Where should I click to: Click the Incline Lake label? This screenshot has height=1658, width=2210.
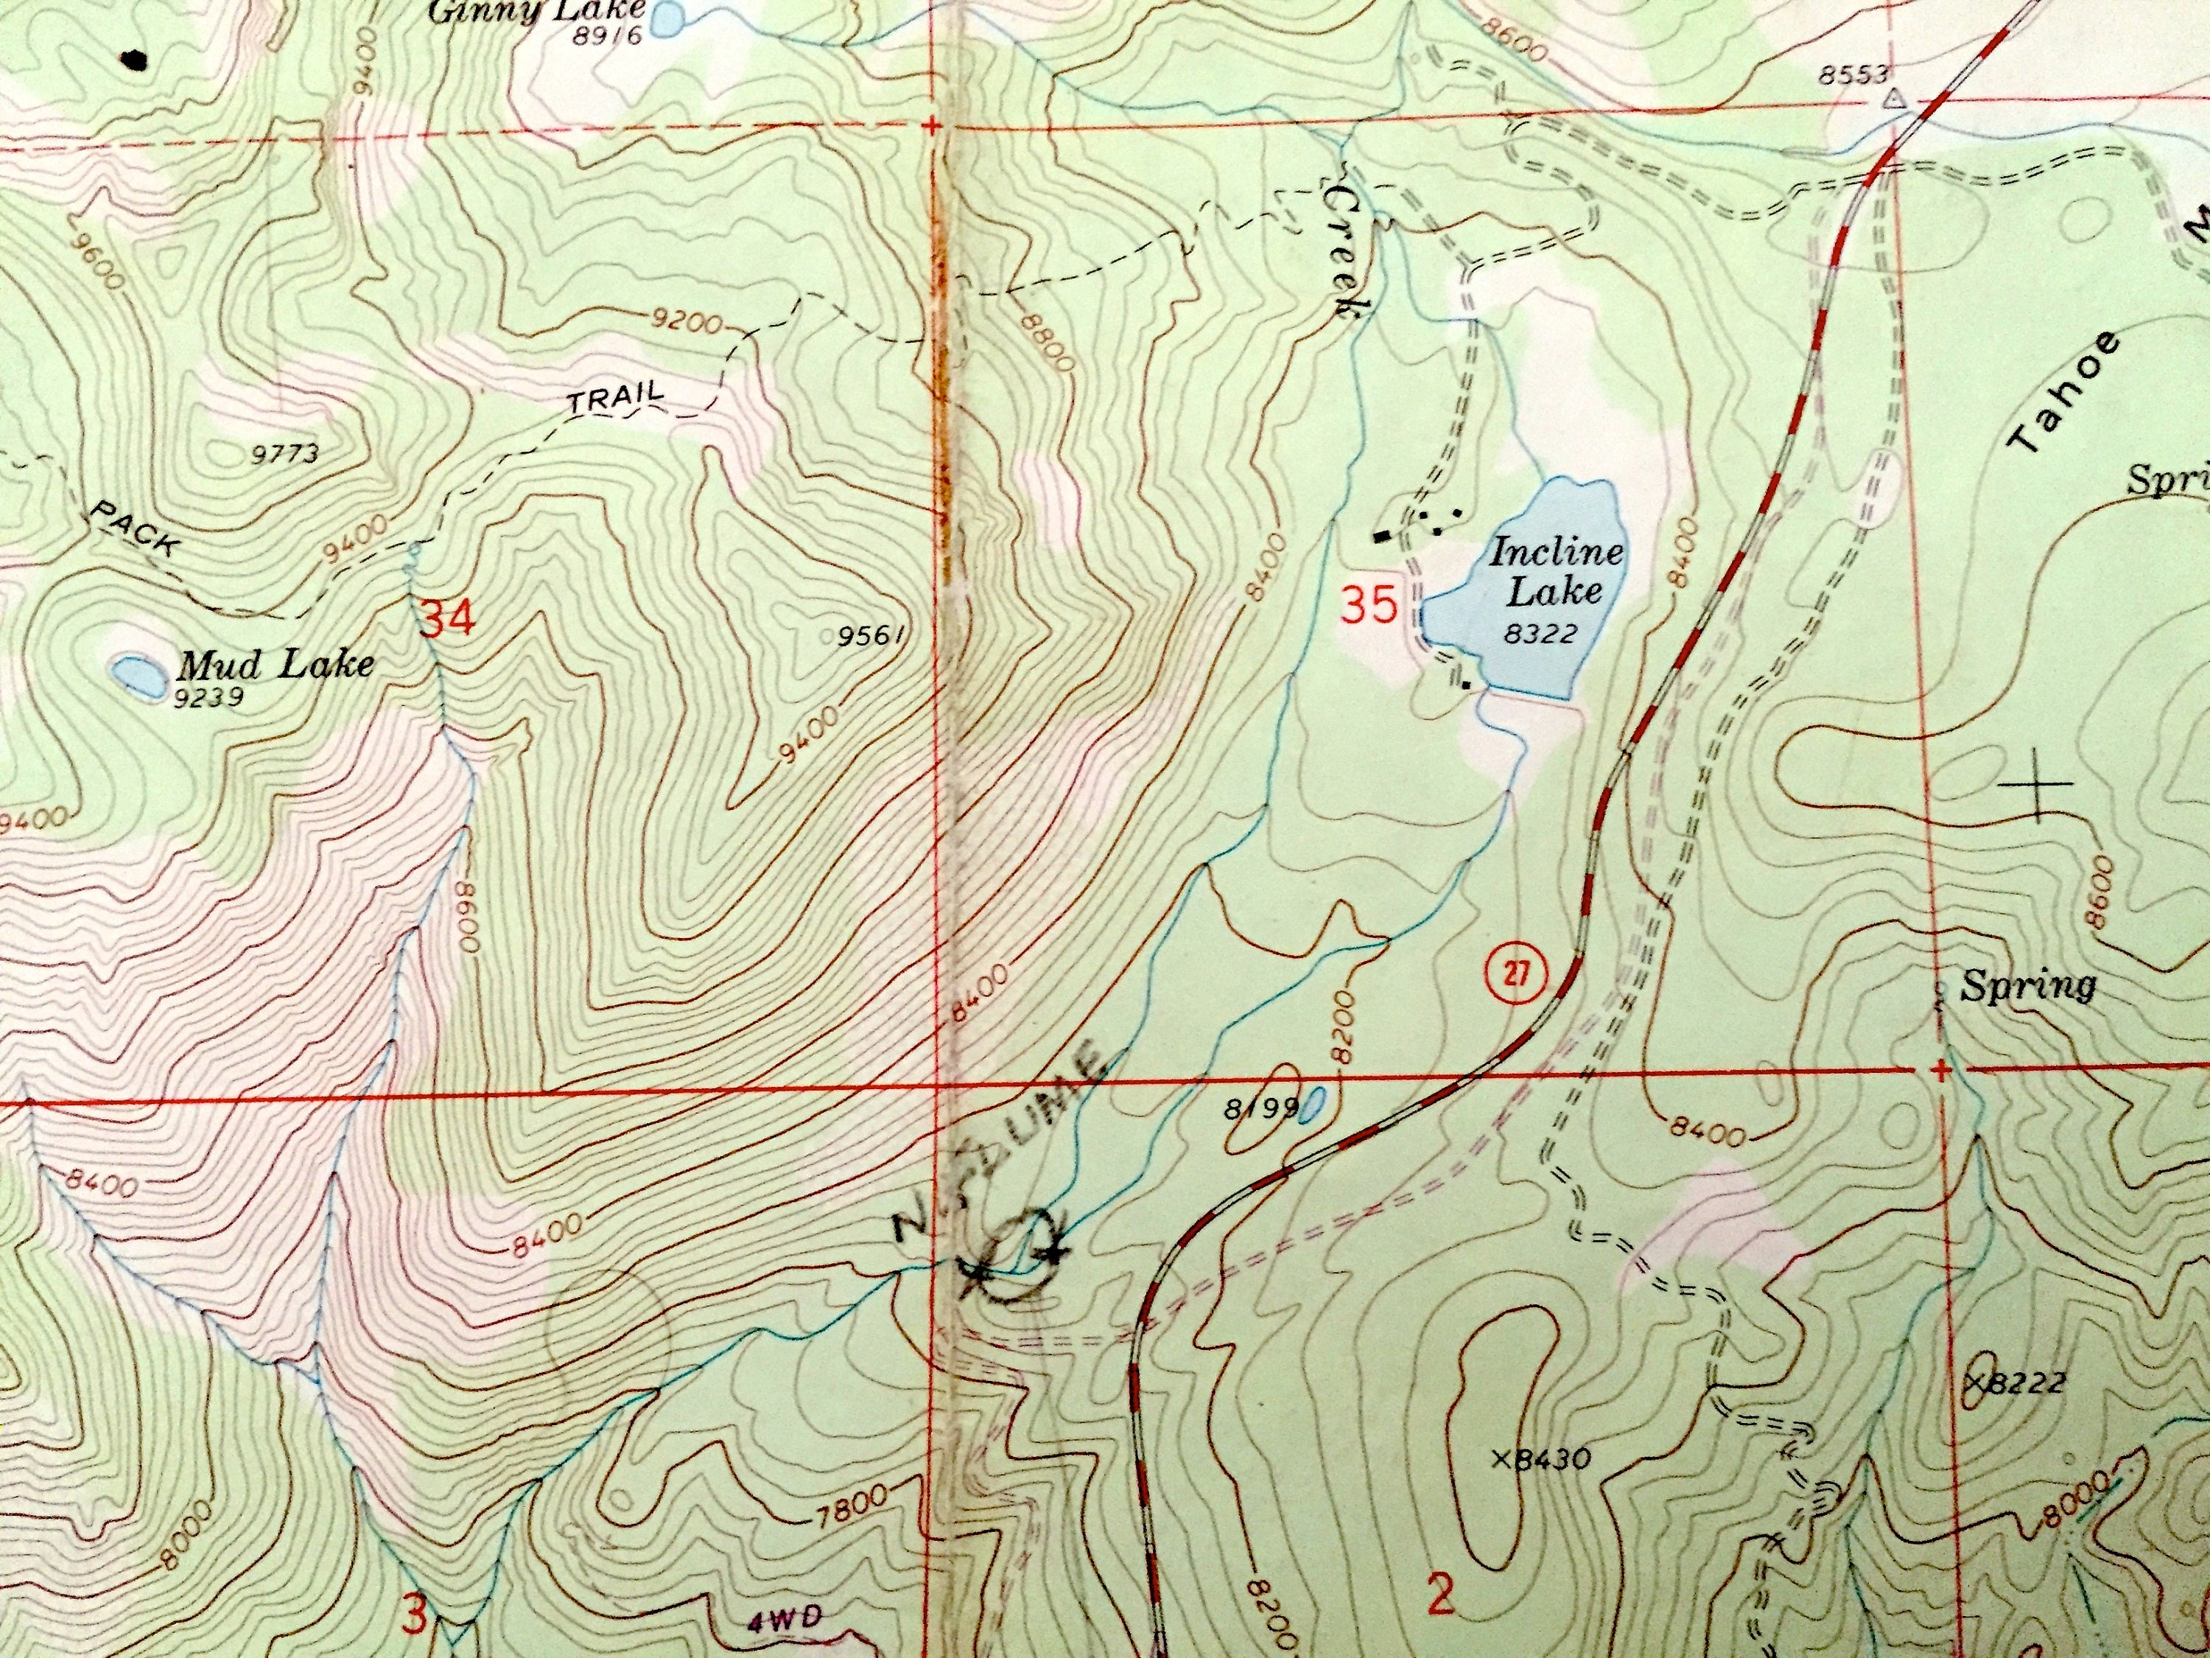1554,570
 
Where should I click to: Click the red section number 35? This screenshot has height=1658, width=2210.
1368,605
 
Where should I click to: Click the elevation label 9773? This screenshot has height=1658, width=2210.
286,455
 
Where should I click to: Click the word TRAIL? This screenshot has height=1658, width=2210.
615,399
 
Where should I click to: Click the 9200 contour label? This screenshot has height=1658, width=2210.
685,322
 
